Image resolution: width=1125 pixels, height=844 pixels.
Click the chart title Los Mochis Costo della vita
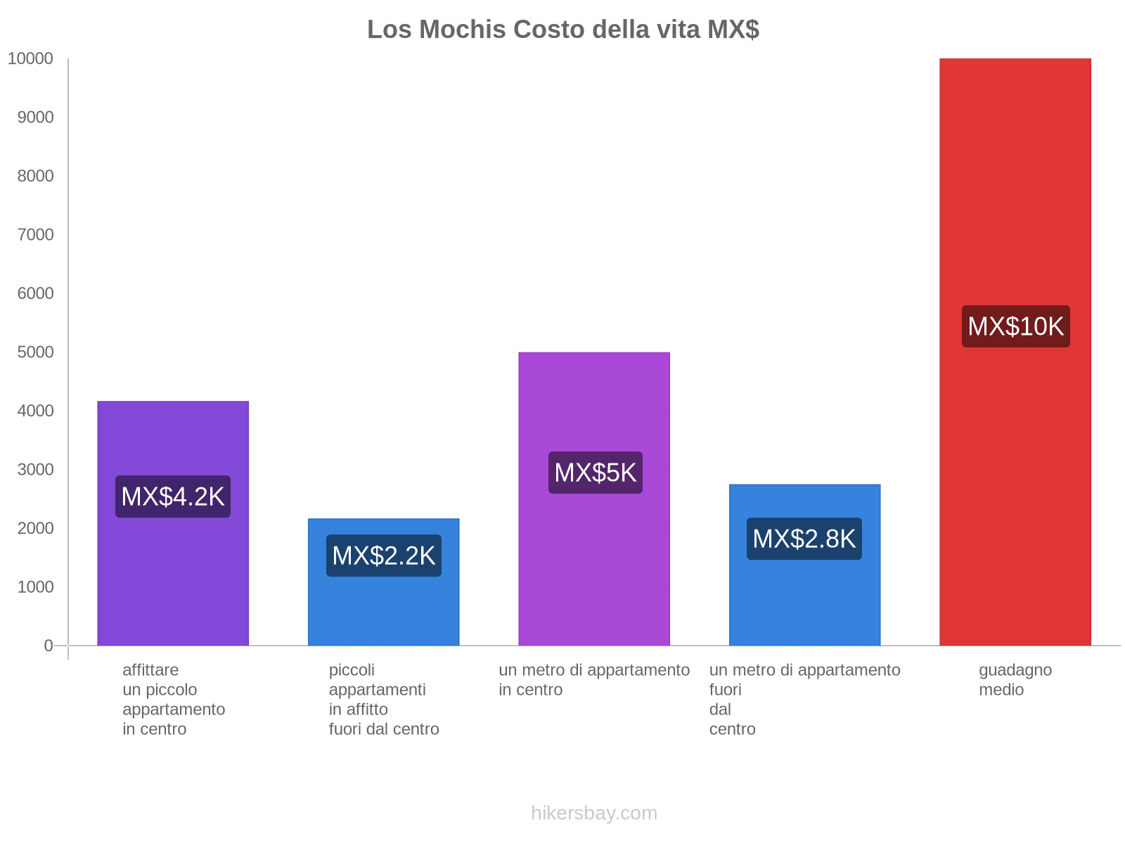point(562,30)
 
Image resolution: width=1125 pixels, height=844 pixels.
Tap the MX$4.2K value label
point(173,497)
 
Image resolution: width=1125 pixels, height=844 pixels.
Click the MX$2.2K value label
point(384,556)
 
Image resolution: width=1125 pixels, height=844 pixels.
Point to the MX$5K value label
point(595,473)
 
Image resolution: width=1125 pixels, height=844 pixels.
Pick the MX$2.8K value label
point(804,539)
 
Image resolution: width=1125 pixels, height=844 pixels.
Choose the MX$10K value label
point(1015,326)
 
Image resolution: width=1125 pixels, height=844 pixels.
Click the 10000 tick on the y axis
point(31,59)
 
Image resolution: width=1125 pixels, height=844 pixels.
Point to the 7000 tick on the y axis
point(36,235)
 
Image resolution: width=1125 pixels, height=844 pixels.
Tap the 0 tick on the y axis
point(49,646)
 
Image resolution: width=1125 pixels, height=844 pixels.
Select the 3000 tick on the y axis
point(36,470)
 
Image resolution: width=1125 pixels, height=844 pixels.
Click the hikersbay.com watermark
point(594,813)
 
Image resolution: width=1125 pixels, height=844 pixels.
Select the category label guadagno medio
point(1015,680)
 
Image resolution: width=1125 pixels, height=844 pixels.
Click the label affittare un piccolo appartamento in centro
point(173,699)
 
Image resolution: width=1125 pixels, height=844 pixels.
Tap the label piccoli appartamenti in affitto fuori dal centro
point(384,699)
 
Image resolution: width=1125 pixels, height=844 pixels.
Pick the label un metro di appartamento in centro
point(594,680)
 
